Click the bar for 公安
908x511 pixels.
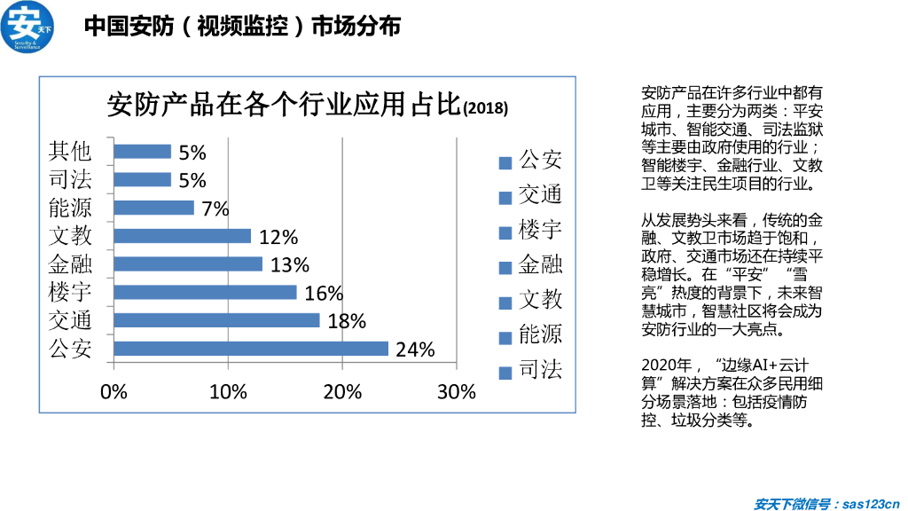pyautogui.click(x=251, y=349)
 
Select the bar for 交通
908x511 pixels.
pyautogui.click(x=216, y=320)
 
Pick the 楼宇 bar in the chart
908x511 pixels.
pyautogui.click(x=205, y=292)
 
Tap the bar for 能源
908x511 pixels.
pyautogui.click(x=153, y=208)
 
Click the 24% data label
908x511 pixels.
pyautogui.click(x=415, y=350)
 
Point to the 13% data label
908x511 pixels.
pyautogui.click(x=290, y=264)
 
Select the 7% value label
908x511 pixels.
pyautogui.click(x=215, y=209)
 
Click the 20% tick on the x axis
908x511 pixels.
pyautogui.click(x=342, y=392)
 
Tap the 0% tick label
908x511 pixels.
pyautogui.click(x=114, y=392)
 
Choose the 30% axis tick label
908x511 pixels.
pyautogui.click(x=457, y=392)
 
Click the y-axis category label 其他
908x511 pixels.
pyautogui.click(x=70, y=151)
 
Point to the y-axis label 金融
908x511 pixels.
pyautogui.click(x=70, y=263)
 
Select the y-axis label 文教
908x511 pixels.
pyautogui.click(x=70, y=235)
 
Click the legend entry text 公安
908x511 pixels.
pyautogui.click(x=540, y=161)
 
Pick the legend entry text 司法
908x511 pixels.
pyautogui.click(x=540, y=370)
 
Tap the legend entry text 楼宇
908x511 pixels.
pyautogui.click(x=540, y=231)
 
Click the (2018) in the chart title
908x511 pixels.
pyautogui.click(x=486, y=109)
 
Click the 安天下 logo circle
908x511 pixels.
pyautogui.click(x=27, y=27)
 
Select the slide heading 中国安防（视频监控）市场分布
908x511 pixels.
pyautogui.click(x=242, y=27)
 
